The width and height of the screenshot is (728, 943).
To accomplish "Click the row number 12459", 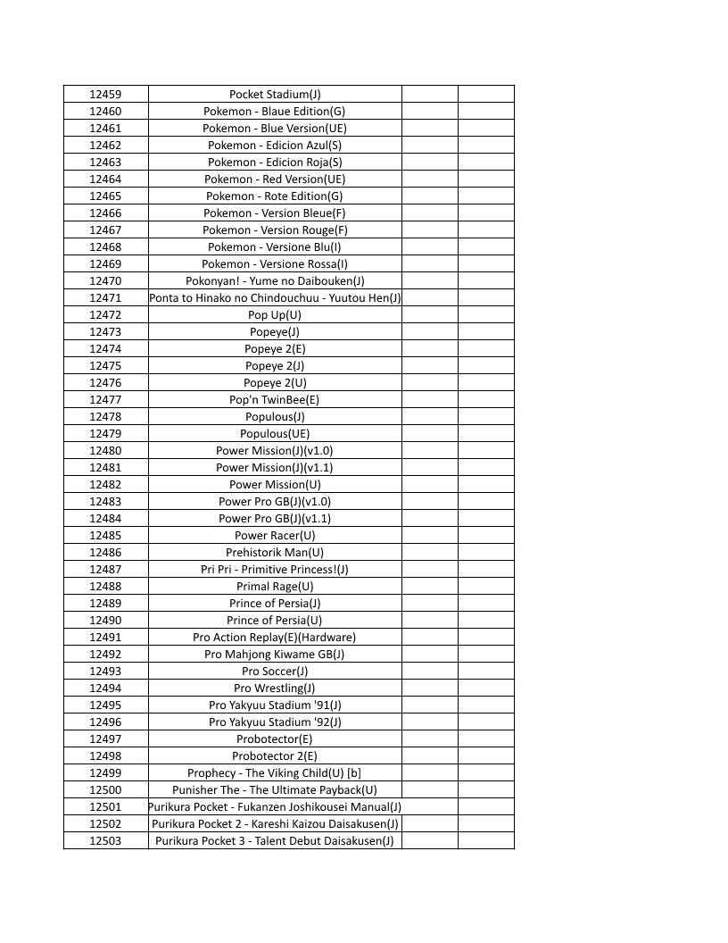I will coord(105,95).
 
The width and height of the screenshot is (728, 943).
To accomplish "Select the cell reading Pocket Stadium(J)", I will coord(275,95).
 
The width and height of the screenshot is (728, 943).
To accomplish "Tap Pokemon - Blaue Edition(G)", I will coord(275,112).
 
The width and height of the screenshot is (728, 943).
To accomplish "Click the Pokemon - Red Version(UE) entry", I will coord(275,179).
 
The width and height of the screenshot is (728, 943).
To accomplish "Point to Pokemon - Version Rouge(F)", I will coord(275,230).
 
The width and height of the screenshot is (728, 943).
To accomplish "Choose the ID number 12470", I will coord(105,281).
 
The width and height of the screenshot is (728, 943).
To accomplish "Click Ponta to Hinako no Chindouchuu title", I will coord(275,298).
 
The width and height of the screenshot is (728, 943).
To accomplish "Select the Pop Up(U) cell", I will coord(275,315).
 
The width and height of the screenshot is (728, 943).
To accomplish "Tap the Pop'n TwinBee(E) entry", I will coord(275,400).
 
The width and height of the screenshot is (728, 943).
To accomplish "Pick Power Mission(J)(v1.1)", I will coord(275,468).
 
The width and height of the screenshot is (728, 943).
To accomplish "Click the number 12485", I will coord(105,536).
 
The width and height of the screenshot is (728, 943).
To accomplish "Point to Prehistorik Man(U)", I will coord(275,553).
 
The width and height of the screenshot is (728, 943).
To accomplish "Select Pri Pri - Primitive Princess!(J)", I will coord(275,570).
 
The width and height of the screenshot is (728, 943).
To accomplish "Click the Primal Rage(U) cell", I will coord(275,587).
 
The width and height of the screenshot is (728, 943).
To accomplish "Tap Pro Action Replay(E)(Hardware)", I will coord(275,638).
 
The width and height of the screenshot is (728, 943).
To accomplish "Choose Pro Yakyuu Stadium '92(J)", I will coord(275,722).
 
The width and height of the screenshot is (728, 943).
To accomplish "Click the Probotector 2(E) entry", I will coord(275,756).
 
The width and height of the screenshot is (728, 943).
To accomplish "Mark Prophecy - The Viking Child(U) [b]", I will coord(275,773).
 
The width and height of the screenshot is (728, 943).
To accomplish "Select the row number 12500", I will coord(105,790).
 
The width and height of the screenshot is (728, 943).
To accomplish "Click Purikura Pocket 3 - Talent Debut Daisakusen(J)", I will coord(275,841).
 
